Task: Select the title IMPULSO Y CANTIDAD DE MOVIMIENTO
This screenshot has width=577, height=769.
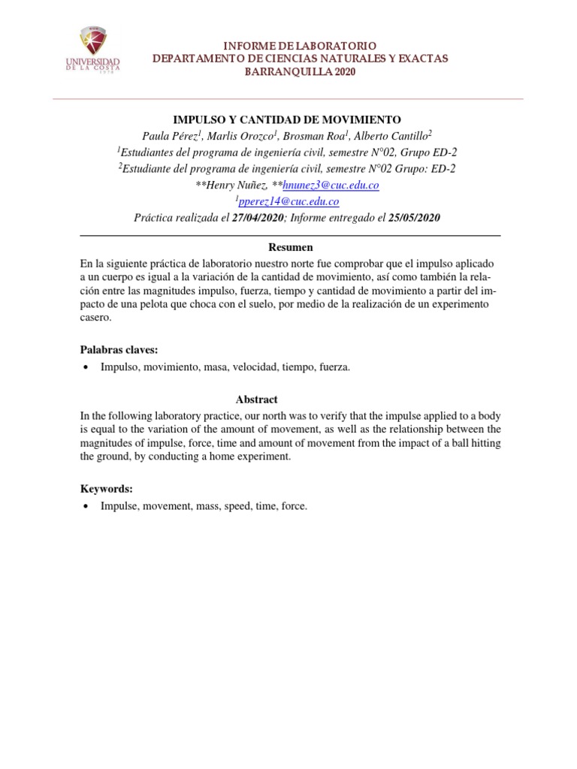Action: [x=288, y=119]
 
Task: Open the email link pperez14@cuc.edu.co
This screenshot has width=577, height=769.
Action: [x=288, y=202]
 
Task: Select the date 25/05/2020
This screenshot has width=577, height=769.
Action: [x=414, y=219]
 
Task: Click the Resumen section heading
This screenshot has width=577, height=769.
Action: [x=291, y=247]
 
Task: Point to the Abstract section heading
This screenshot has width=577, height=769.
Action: [x=257, y=400]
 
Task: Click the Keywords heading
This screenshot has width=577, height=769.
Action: [x=107, y=488]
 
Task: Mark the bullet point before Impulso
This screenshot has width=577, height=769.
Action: [x=86, y=367]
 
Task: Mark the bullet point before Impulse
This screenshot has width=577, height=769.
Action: [x=86, y=507]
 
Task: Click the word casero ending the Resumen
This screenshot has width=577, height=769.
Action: [x=95, y=318]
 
